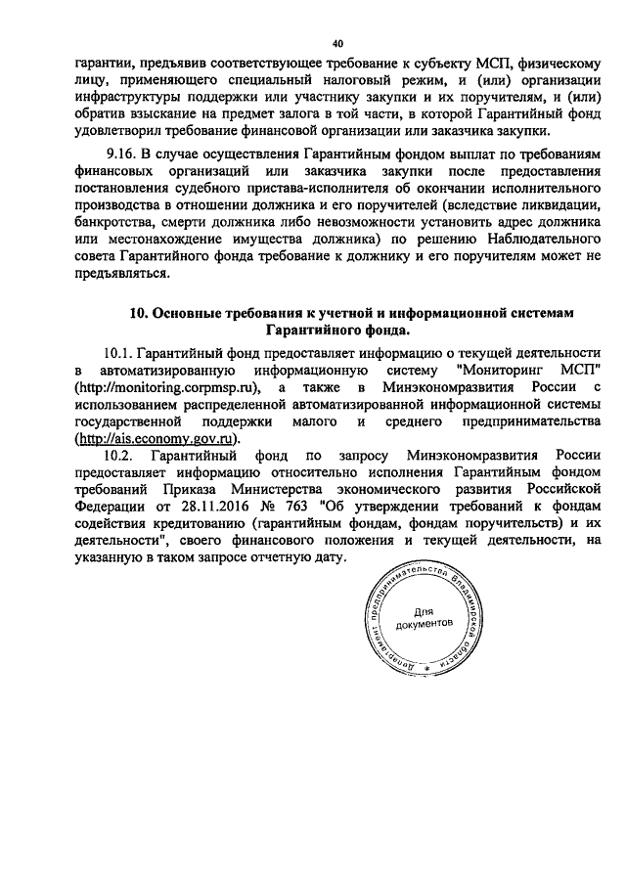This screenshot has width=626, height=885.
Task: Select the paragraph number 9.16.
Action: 122,154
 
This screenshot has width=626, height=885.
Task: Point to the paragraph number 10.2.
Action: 119,457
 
